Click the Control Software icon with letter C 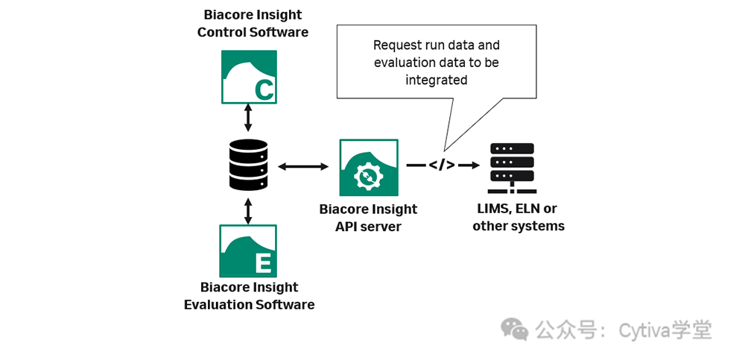[249, 77]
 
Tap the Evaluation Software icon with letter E [248, 251]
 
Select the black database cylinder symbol [248, 165]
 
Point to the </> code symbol [442, 165]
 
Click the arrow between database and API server [303, 165]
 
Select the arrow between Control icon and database [248, 119]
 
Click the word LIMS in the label [495, 209]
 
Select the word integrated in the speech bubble [437, 80]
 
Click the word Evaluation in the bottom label [217, 305]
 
